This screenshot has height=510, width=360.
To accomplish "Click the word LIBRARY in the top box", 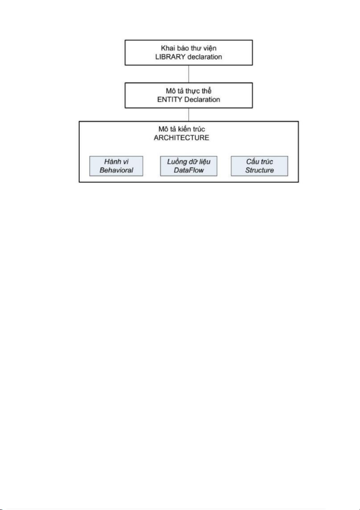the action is tap(168, 57).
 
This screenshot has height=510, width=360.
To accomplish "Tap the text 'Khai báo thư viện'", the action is tap(189, 48).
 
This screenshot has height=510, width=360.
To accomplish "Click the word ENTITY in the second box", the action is tap(170, 99).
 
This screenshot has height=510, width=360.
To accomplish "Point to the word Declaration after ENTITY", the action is tap(202, 99).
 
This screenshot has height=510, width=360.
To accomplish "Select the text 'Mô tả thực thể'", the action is tap(189, 91).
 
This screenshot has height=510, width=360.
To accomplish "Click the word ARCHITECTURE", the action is tap(181, 138).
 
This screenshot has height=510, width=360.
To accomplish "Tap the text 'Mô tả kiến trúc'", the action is tap(181, 129).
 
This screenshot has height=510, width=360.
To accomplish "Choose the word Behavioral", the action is tap(116, 170).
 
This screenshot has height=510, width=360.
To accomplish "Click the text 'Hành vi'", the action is tap(116, 162).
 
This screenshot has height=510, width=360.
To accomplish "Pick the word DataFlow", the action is tap(189, 170).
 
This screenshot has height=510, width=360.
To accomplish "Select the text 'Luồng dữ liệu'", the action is tap(189, 162).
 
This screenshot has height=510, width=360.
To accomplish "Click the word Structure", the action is tap(259, 170).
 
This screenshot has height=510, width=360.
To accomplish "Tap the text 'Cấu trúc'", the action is tap(259, 162).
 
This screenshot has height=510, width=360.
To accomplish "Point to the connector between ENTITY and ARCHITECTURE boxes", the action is tap(189, 114).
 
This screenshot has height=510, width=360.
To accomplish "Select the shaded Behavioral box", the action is tap(116, 166).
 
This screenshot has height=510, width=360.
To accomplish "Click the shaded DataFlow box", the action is tap(189, 166).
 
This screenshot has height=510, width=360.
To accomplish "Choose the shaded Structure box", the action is tap(259, 166).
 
